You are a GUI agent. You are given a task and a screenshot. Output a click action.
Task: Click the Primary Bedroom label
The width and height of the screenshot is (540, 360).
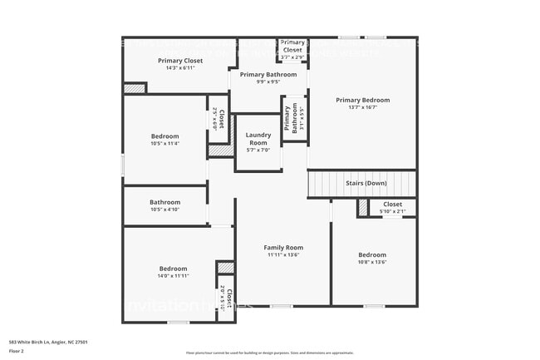point(362,100)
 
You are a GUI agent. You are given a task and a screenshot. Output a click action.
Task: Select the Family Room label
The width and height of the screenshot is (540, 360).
point(283,247)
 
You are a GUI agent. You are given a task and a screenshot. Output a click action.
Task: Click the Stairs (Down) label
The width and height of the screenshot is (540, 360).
point(366,182)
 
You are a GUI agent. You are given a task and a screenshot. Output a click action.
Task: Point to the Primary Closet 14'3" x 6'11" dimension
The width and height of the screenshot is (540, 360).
point(180,68)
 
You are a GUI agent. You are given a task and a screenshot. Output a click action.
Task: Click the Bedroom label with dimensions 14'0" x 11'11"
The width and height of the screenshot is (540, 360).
point(173,268)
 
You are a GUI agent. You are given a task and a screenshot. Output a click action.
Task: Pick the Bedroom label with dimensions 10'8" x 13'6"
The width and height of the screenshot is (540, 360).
point(372,254)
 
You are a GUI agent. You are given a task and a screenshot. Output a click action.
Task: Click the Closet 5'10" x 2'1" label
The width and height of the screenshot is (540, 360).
point(392,204)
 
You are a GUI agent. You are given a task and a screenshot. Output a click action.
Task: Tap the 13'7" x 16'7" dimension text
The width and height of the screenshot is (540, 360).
point(362,107)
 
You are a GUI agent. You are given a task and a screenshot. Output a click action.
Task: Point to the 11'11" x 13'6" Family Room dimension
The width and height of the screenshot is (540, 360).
point(283,255)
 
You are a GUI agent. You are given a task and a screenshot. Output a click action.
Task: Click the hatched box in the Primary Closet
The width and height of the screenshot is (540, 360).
point(134,87)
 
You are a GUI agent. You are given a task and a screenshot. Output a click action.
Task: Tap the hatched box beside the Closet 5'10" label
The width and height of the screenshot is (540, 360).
point(363,208)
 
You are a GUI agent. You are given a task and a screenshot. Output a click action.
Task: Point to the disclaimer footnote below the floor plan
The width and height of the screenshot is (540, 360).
point(269,353)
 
